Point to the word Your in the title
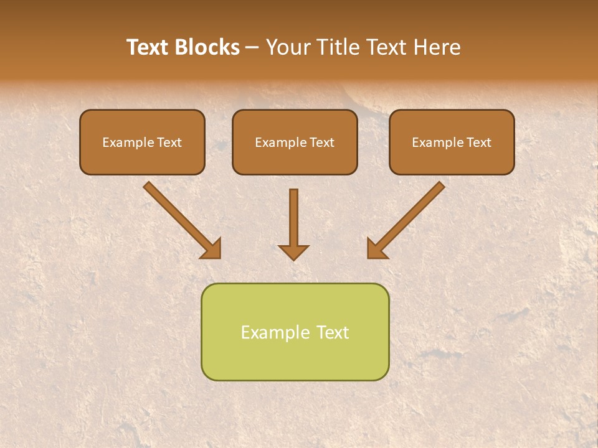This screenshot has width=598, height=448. [x=287, y=47]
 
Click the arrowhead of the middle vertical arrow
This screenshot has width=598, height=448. [x=293, y=252]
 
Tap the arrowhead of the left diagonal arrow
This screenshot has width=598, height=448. [x=212, y=250]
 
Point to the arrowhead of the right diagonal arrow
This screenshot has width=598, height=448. [x=376, y=250]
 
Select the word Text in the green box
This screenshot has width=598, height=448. [x=332, y=332]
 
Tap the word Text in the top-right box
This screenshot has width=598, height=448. [x=478, y=142]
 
